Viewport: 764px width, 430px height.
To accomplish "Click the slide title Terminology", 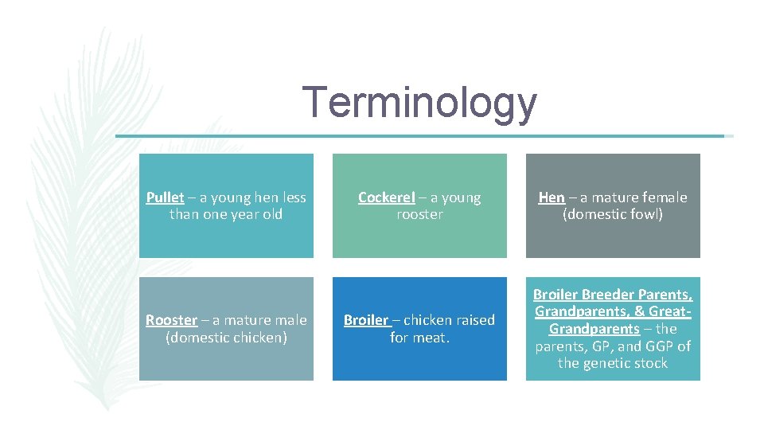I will coord(419,104).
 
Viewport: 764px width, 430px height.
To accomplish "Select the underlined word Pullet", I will coord(165,197).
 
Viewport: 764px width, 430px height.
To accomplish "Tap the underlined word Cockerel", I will coord(386,197).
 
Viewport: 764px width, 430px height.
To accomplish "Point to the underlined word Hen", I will coord(552,197).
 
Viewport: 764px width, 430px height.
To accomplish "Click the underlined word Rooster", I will coord(171,320).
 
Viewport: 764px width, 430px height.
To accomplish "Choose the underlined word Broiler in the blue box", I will coord(365,320).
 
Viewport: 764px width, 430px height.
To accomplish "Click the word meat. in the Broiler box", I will coord(431,338).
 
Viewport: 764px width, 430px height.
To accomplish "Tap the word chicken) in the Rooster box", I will coord(254,338).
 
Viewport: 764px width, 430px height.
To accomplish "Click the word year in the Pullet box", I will coord(244,215).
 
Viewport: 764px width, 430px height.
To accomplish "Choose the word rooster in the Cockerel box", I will coord(419,215).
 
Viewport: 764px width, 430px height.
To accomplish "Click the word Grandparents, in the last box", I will coord(577,311).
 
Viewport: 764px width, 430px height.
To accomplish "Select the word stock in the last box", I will coord(649,364).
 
